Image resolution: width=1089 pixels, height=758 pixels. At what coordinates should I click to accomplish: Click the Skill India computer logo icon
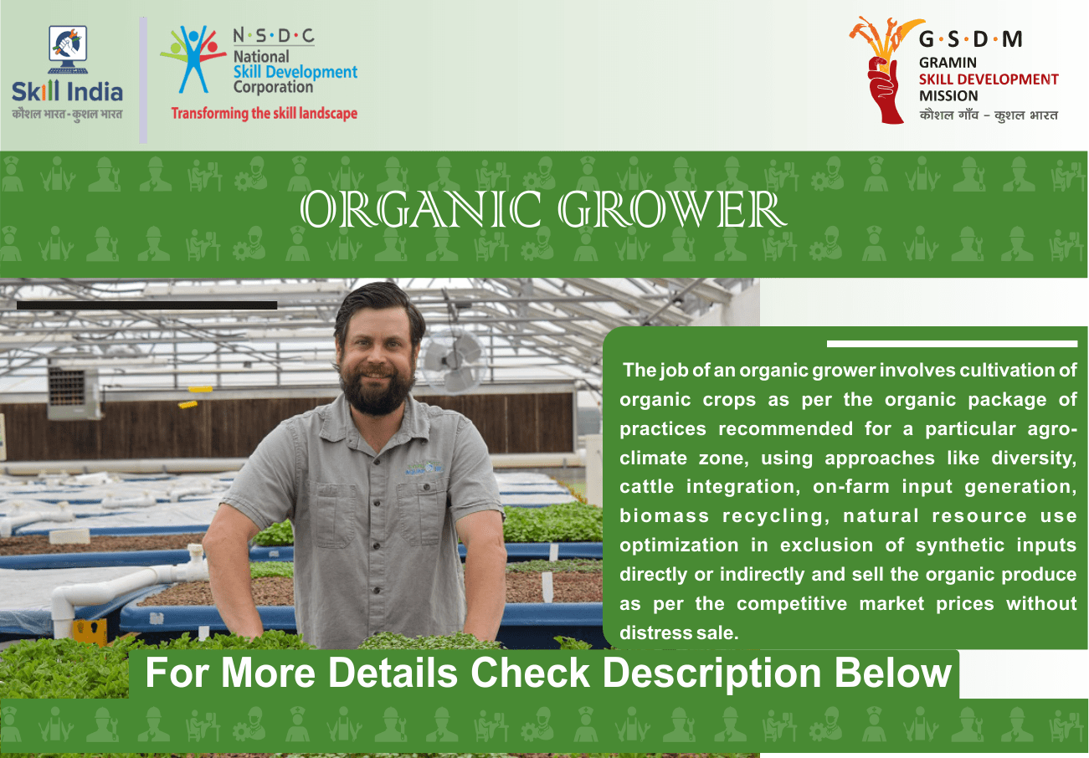tap(68, 50)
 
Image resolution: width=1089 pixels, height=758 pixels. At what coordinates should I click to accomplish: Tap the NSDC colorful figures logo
tap(193, 59)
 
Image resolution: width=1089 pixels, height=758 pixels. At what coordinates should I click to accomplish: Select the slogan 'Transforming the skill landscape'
tap(264, 113)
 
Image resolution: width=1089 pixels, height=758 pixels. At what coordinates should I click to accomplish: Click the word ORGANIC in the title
tap(420, 209)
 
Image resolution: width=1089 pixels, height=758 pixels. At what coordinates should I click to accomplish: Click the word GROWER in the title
tap(672, 209)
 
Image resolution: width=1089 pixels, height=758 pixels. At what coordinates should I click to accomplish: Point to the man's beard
tap(377, 392)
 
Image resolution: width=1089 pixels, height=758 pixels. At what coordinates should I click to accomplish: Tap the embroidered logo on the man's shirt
tap(425, 468)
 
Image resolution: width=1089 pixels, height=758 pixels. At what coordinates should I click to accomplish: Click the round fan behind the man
tap(452, 361)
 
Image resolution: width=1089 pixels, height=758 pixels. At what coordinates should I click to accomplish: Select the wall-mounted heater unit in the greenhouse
tap(73, 392)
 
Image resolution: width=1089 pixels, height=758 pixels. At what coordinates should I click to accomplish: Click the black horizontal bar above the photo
tap(146, 305)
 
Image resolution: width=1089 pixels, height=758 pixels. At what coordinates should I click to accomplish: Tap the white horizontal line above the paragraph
tap(952, 344)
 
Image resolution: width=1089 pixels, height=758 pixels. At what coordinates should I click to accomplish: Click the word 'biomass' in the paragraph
tap(665, 515)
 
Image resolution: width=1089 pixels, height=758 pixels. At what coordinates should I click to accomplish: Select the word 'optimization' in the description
tap(679, 545)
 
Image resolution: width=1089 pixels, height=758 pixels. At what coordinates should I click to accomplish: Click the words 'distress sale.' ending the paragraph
tap(679, 633)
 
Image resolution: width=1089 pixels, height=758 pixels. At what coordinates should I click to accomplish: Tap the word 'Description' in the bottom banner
tap(712, 675)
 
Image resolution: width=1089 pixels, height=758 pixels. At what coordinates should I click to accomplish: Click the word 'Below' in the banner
tap(893, 673)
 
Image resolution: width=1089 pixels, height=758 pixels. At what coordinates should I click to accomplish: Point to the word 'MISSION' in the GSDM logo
tap(948, 95)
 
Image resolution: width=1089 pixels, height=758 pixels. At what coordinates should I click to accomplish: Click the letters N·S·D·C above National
tap(274, 36)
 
